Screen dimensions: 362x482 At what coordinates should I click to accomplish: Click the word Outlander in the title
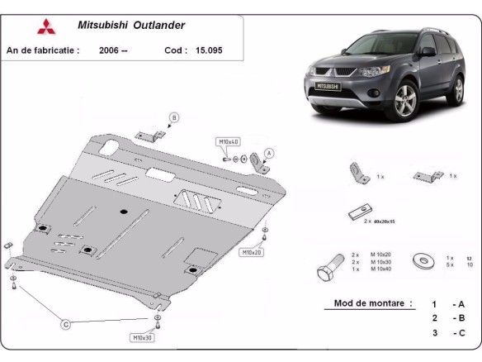click(163, 25)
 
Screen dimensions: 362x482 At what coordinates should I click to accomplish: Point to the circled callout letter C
click(65, 325)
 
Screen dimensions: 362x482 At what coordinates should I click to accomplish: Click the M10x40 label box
click(229, 142)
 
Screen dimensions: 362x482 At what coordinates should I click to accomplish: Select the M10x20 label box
click(251, 251)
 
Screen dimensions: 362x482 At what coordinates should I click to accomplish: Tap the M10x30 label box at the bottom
click(143, 337)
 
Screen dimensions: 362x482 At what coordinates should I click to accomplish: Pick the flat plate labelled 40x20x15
click(357, 212)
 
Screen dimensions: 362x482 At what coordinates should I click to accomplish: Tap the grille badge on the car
click(324, 85)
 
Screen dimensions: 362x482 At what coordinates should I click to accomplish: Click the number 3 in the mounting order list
click(434, 332)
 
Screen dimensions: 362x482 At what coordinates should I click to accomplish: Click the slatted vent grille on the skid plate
click(196, 199)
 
